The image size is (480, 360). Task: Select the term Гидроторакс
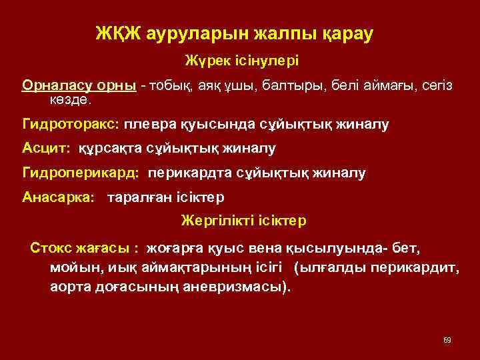(70, 124)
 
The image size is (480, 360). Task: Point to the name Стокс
(49, 249)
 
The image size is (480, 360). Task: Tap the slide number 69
(447, 340)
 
